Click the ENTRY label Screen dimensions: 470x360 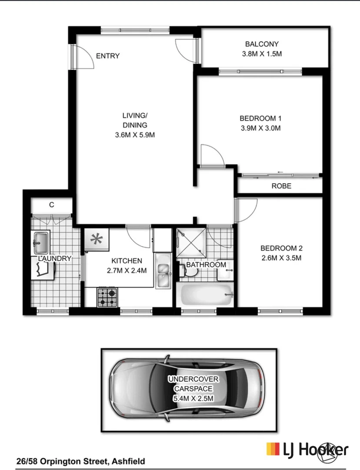pos(107,56)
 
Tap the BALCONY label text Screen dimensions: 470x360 pos(261,44)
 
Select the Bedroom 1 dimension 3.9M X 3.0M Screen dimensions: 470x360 pos(260,128)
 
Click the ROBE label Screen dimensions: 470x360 pos(281,186)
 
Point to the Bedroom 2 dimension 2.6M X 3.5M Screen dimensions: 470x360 pos(281,258)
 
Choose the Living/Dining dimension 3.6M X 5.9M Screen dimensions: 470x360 pos(135,135)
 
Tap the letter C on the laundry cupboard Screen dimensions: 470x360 pos(51,205)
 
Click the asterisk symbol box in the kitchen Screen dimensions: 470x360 pos(97,239)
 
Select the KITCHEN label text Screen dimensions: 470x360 pos(127,261)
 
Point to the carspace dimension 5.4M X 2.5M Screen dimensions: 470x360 pos(193,398)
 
